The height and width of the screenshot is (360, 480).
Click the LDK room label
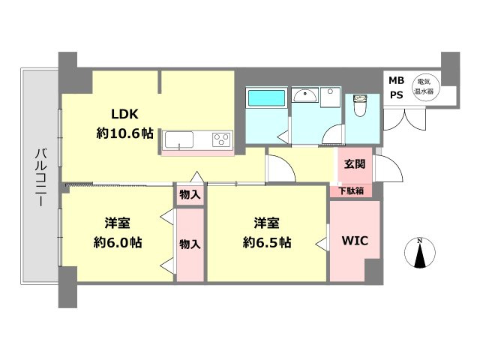124,114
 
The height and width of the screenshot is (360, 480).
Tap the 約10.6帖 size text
125,133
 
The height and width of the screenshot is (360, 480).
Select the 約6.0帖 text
118,243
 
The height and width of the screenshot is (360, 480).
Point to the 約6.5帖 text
267,243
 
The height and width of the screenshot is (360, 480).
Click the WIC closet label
355,241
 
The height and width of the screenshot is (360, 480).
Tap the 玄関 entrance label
355,164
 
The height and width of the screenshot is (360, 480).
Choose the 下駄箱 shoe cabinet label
351,190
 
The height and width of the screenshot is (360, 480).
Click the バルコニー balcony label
40,177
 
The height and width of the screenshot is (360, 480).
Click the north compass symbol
420,253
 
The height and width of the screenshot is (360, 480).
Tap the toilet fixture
360,105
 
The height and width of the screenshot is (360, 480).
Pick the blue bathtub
267,98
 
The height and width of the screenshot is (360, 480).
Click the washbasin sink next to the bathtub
305,95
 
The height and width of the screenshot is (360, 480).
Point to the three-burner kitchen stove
222,140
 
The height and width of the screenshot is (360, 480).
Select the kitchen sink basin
179,140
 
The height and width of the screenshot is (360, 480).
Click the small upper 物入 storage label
190,194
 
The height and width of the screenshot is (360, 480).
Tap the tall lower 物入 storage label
190,244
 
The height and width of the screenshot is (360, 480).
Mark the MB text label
397,80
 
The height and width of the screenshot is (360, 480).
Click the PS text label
397,95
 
